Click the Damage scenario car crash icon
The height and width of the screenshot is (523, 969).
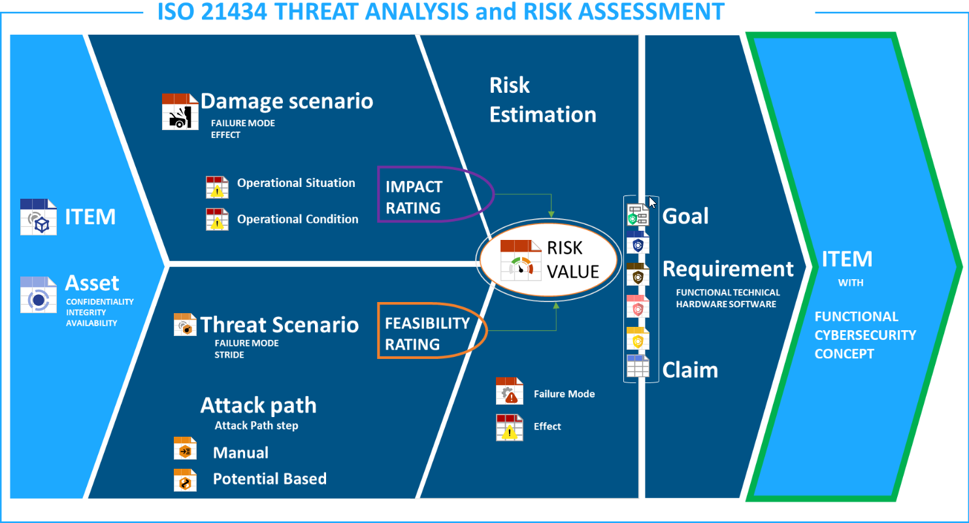point(180,111)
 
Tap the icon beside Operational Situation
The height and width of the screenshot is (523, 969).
point(217,187)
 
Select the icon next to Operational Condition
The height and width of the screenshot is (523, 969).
point(217,220)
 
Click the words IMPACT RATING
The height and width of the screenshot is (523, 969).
point(414,197)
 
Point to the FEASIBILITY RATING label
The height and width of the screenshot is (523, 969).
point(427,334)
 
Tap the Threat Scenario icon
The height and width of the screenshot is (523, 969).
point(185,325)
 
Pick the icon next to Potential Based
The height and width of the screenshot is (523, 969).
point(185,480)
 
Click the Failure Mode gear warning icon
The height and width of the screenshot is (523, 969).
point(510,391)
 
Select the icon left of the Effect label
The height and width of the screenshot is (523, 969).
point(510,428)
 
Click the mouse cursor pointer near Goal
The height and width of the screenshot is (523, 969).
point(652,203)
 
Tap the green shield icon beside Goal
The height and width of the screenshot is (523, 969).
point(638,215)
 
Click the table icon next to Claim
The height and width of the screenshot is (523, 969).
point(638,366)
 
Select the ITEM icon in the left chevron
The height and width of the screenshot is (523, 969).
point(39,217)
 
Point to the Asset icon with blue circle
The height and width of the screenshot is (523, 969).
point(39,295)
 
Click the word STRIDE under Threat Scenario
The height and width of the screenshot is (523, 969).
point(229,355)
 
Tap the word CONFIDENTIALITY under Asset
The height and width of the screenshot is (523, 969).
point(100,302)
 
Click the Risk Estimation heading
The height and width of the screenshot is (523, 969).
point(543,99)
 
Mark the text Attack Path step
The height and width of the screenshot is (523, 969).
point(257,426)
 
